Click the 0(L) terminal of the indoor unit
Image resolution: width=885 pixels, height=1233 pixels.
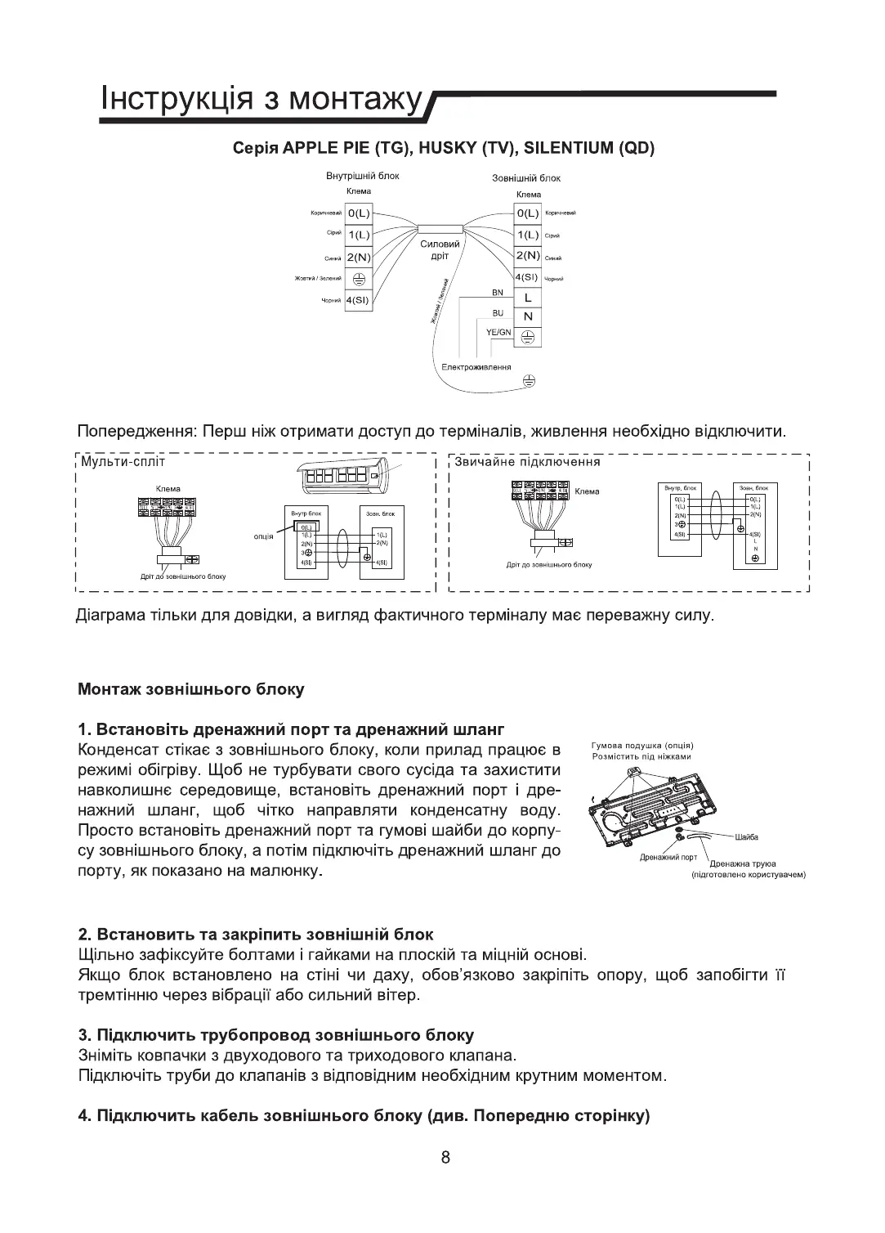click(x=359, y=213)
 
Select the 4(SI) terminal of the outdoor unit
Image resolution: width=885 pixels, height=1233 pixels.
click(x=527, y=277)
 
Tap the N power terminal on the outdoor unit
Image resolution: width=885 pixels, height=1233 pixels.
click(x=527, y=316)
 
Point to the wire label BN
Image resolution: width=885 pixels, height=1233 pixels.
click(x=498, y=293)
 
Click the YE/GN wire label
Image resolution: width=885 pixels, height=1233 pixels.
click(x=498, y=331)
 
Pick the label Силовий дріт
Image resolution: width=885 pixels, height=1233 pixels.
click(x=440, y=250)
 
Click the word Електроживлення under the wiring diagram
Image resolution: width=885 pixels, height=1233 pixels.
click(x=476, y=367)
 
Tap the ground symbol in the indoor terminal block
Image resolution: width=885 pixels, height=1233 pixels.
click(x=359, y=279)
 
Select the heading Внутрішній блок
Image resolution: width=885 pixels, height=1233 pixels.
click(x=362, y=176)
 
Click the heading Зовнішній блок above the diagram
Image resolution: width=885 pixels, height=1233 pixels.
click(x=526, y=177)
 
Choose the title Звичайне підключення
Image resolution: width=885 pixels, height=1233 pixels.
click(x=527, y=462)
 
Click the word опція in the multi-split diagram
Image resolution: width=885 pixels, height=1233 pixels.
click(x=263, y=536)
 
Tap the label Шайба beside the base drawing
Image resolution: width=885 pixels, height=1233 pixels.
click(x=747, y=837)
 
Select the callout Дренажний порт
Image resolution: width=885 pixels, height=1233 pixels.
click(x=668, y=857)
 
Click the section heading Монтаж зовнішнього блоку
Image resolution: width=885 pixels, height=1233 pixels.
click(x=190, y=689)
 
